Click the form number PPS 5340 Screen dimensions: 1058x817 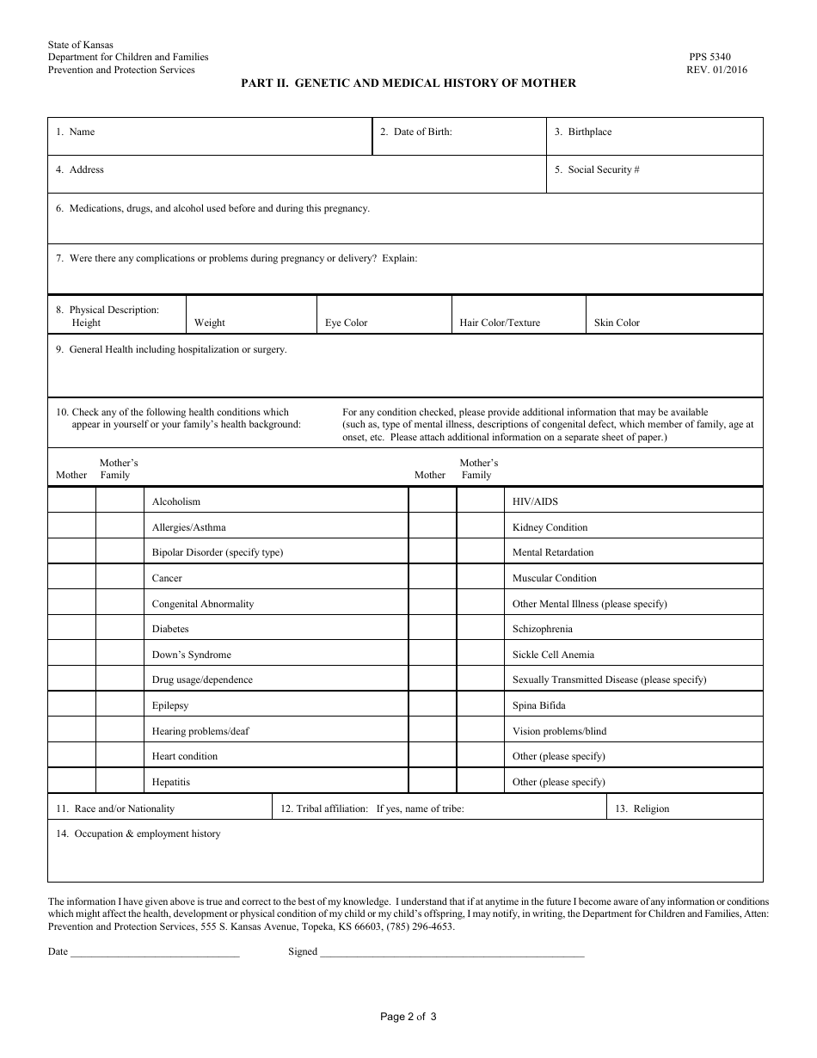pyautogui.click(x=709, y=57)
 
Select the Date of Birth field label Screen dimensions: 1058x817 pyautogui.click(x=416, y=132)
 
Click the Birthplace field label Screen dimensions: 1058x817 pyautogui.click(x=583, y=132)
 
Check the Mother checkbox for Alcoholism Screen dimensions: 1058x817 pyautogui.click(x=71, y=501)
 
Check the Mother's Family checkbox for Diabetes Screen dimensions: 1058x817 pyautogui.click(x=120, y=629)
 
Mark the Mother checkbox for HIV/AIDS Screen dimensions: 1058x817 pyautogui.click(x=432, y=501)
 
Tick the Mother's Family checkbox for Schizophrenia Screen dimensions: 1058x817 pyautogui.click(x=480, y=629)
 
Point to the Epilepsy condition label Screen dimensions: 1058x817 pyautogui.click(x=170, y=705)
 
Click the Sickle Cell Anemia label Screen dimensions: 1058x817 pyautogui.click(x=553, y=655)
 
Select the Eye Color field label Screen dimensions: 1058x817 pyautogui.click(x=346, y=323)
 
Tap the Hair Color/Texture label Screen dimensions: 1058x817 pyautogui.click(x=500, y=323)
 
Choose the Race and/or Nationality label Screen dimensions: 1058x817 pyautogui.click(x=115, y=809)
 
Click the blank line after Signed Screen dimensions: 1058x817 pyautogui.click(x=451, y=953)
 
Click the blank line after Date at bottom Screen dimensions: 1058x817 pyautogui.click(x=155, y=953)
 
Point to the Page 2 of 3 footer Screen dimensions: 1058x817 pyautogui.click(x=408, y=1017)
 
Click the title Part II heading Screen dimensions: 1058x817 pyautogui.click(x=408, y=83)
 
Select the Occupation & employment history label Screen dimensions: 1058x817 pyautogui.click(x=138, y=833)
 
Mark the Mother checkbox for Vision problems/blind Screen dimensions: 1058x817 pyautogui.click(x=432, y=731)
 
